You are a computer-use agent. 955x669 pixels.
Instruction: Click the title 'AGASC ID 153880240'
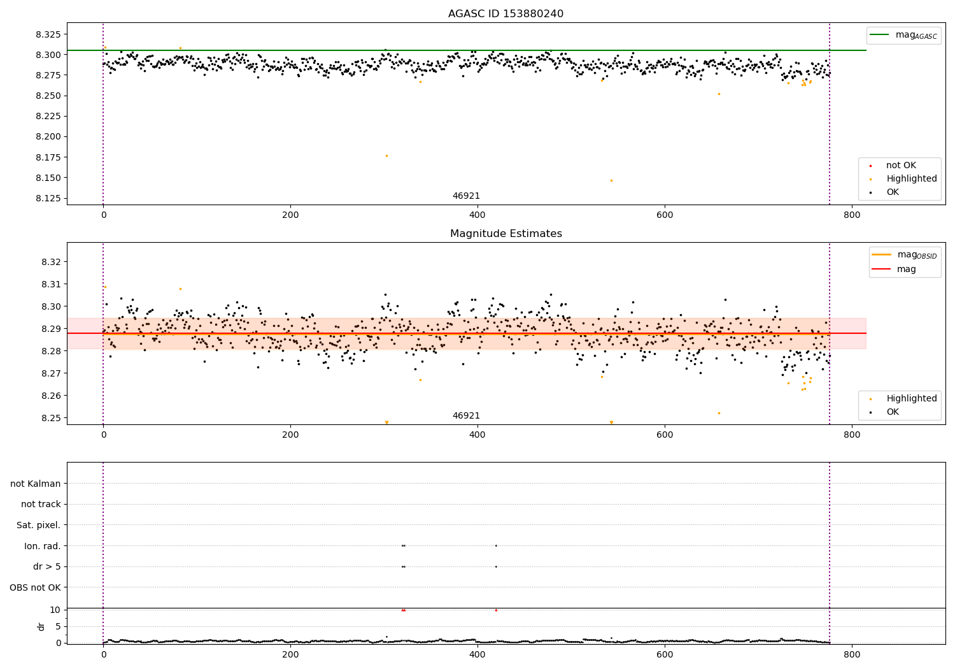click(x=506, y=14)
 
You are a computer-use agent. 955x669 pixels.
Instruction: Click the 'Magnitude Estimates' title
click(x=506, y=234)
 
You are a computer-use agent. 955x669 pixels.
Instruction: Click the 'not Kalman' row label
click(x=36, y=484)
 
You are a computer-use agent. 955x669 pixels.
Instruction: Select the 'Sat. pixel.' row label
click(x=38, y=525)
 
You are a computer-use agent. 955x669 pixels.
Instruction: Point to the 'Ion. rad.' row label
click(x=42, y=546)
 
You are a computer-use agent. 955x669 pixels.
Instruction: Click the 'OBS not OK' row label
click(x=35, y=587)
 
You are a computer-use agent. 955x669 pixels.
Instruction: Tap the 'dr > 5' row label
click(x=46, y=566)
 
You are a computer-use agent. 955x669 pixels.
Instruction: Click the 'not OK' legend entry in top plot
click(x=901, y=166)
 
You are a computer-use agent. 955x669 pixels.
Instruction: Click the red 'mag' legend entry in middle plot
click(x=906, y=269)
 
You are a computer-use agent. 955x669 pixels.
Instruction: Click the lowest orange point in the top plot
click(x=611, y=180)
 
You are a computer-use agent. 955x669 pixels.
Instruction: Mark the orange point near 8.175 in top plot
click(x=386, y=155)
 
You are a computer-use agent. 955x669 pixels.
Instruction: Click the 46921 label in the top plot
click(x=466, y=196)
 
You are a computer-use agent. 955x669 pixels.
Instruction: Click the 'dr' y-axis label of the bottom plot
click(x=41, y=626)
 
